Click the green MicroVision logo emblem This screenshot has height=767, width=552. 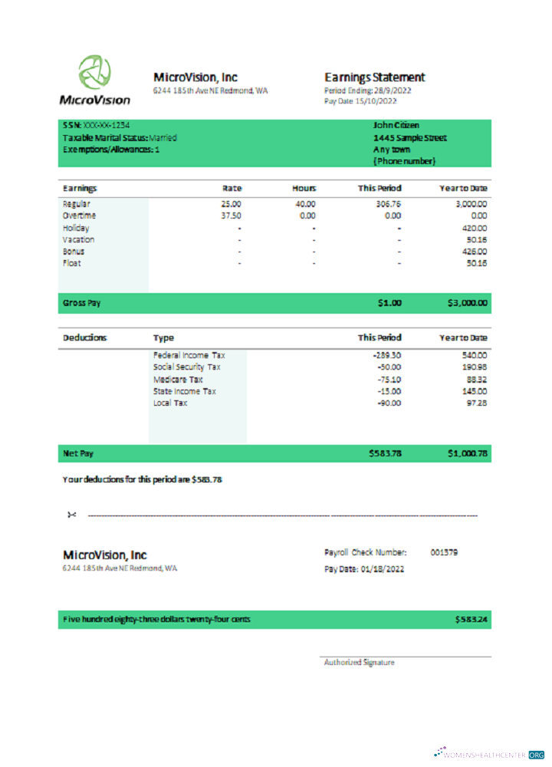click(x=96, y=72)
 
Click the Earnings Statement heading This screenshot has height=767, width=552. click(x=374, y=77)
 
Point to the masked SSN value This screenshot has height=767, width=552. click(x=107, y=125)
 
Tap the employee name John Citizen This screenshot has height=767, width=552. click(x=396, y=125)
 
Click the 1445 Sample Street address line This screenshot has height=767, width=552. click(x=409, y=138)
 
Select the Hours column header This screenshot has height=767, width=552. click(x=304, y=188)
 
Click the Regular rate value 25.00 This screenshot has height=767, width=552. click(x=231, y=204)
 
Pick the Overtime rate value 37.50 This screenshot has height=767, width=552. click(x=231, y=216)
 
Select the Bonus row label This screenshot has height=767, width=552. click(x=74, y=252)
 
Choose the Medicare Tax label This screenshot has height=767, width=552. click(x=178, y=379)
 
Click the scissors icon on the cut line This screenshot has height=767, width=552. click(x=72, y=515)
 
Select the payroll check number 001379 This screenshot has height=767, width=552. click(x=444, y=552)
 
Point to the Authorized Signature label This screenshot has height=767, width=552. click(x=359, y=663)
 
